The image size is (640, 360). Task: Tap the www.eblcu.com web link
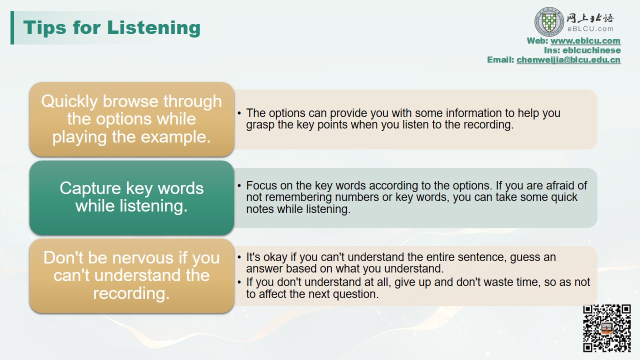pyautogui.click(x=585, y=41)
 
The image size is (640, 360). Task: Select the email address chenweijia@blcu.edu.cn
pyautogui.click(x=568, y=59)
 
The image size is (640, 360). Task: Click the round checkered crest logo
pyautogui.click(x=549, y=22)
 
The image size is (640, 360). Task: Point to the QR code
pyautogui.click(x=607, y=328)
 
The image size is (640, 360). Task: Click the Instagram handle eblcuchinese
pyautogui.click(x=591, y=50)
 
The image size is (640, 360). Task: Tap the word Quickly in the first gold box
pyautogui.click(x=69, y=102)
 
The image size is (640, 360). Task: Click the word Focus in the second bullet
pyautogui.click(x=261, y=185)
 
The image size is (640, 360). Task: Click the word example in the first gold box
pyautogui.click(x=175, y=137)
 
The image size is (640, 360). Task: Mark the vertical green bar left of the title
pyautogui.click(x=12, y=27)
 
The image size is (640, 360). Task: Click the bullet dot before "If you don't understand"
pyautogui.click(x=239, y=282)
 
